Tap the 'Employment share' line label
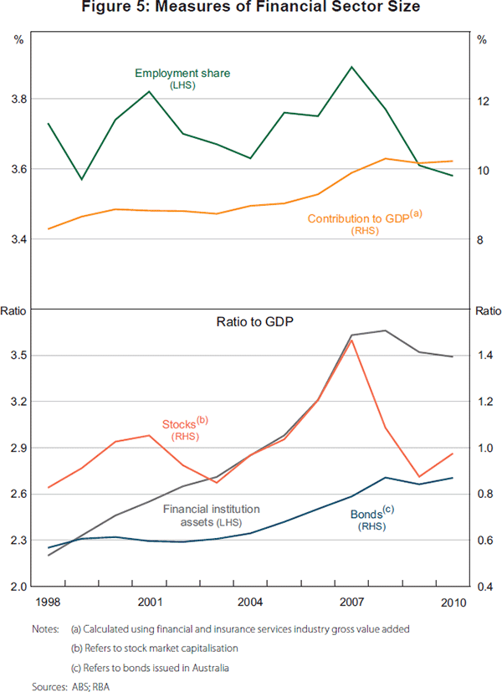coord(182,74)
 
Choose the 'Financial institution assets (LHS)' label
coord(212,515)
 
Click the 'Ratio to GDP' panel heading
coord(248,321)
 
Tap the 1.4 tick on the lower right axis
coord(484,356)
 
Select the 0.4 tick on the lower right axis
coord(484,587)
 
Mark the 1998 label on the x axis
coord(49,602)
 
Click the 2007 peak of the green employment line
coord(351,67)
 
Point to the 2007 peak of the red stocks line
coord(352,341)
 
